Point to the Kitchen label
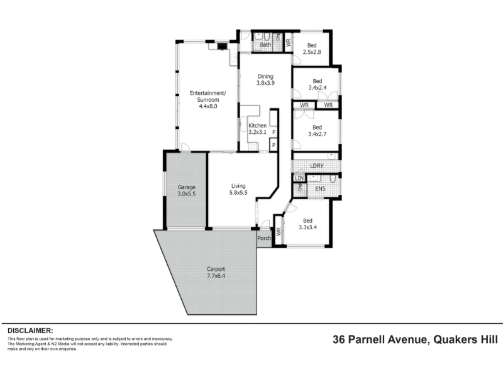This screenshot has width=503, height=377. pyautogui.click(x=257, y=125)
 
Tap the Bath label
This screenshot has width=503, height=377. pyautogui.click(x=265, y=45)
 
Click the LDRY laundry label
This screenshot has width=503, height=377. pyautogui.click(x=317, y=166)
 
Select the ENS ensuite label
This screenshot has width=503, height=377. pyautogui.click(x=320, y=189)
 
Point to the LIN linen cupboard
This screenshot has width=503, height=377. pyautogui.click(x=299, y=178)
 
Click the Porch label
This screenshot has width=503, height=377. pyautogui.click(x=264, y=238)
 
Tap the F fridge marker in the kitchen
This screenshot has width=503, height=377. pyautogui.click(x=274, y=132)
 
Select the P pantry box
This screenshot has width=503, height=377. pyautogui.click(x=274, y=145)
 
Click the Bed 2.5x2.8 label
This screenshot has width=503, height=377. pyautogui.click(x=312, y=49)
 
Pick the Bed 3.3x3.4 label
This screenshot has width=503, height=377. pyautogui.click(x=307, y=224)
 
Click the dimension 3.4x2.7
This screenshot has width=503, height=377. pyautogui.click(x=318, y=134)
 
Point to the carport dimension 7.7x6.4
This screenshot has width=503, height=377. pyautogui.click(x=216, y=276)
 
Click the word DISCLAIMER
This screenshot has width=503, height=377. pyautogui.click(x=30, y=331)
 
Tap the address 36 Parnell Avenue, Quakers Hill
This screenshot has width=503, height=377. pyautogui.click(x=415, y=339)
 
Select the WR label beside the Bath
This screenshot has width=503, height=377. pyautogui.click(x=288, y=42)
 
